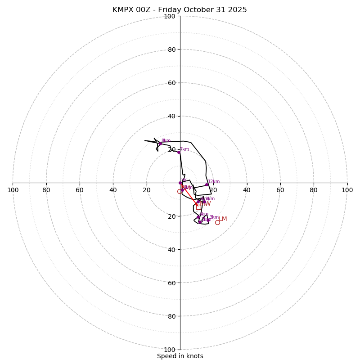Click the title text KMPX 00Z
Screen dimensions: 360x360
[132, 10]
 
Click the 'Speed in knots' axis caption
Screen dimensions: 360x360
[180, 356]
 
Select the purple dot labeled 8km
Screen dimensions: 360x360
[160, 144]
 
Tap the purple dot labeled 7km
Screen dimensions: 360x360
[179, 152]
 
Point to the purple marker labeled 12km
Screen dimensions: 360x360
[207, 184]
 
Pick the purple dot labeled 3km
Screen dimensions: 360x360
[208, 220]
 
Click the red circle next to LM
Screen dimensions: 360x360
[217, 222]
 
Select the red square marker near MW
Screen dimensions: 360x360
[199, 207]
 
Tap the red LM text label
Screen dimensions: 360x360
[223, 219]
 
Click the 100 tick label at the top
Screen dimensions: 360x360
[169, 17]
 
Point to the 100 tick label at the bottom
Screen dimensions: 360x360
[169, 350]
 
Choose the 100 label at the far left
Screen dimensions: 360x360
[13, 190]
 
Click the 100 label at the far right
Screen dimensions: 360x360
[347, 190]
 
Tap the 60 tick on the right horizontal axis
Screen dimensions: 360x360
[280, 190]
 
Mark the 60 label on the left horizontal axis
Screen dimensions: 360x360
[80, 190]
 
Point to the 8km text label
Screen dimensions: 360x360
[166, 141]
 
